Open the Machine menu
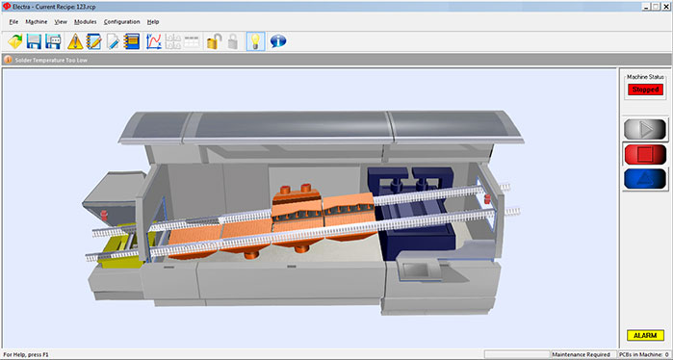click(x=37, y=22)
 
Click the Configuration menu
click(x=122, y=22)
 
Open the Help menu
click(x=153, y=22)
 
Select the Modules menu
click(x=86, y=22)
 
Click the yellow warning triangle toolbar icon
click(x=75, y=41)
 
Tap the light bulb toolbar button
click(x=255, y=41)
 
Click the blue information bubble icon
click(x=278, y=41)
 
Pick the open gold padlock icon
click(x=214, y=41)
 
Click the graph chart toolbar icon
click(x=154, y=41)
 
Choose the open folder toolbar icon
click(x=15, y=41)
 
